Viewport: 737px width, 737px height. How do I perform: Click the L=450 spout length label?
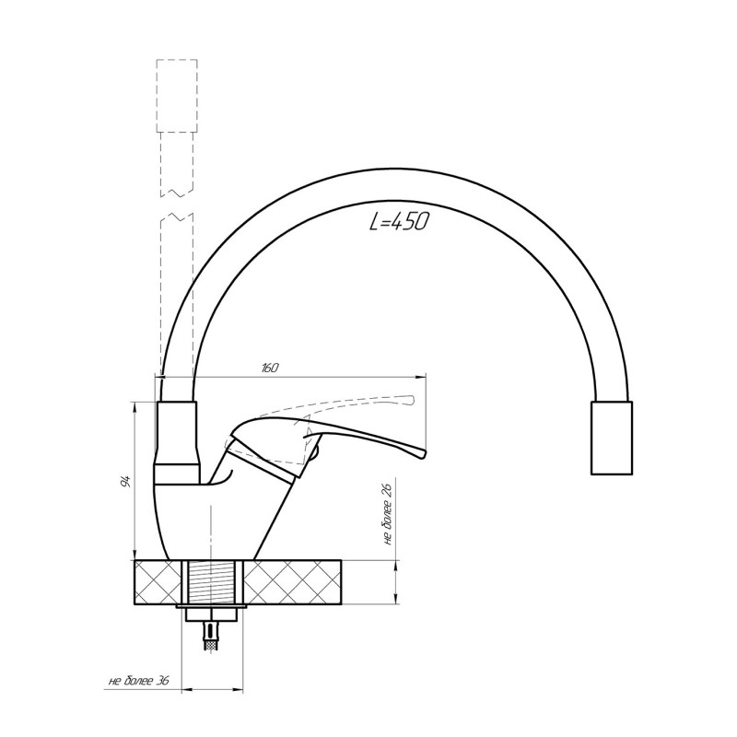[x=399, y=221]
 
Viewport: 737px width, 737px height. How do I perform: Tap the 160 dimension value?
[x=269, y=368]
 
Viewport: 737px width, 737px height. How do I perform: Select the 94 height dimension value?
[x=124, y=482]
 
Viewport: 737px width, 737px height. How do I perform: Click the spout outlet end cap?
[x=611, y=438]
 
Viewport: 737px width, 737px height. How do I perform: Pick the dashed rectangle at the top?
[x=177, y=96]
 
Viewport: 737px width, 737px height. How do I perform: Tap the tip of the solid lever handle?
[x=425, y=452]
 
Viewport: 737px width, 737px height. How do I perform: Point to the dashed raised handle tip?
[x=412, y=400]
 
